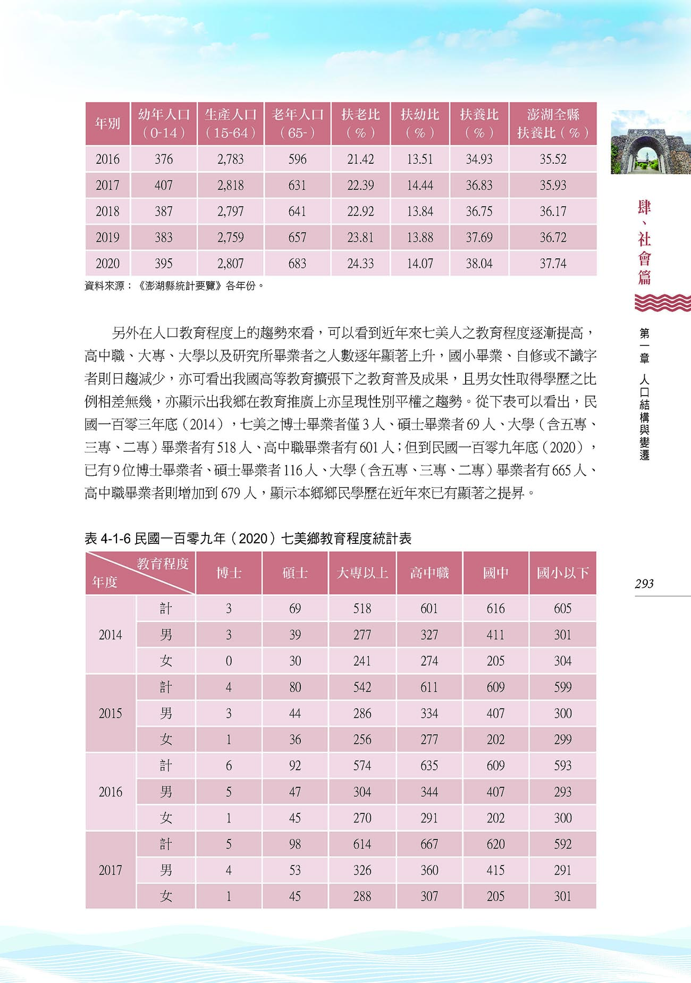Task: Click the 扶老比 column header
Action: pos(360,123)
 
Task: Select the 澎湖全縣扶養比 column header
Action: pos(553,123)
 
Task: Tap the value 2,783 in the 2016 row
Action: pos(230,159)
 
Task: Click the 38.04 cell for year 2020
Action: pos(479,264)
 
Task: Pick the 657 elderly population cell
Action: pos(297,238)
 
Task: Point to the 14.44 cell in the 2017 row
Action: pos(420,185)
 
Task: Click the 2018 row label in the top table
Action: pos(107,212)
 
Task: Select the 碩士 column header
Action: pos(295,573)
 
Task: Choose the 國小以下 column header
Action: pos(562,573)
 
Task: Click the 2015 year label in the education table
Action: pos(111,713)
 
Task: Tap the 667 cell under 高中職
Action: pos(429,844)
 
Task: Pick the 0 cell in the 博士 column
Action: pos(229,661)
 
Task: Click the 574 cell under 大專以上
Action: pos(362,766)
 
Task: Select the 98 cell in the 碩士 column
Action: pos(295,844)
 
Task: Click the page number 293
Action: pos(644,584)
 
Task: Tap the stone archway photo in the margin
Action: pos(651,142)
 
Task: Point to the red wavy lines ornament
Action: pos(662,303)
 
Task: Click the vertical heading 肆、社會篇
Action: pos(644,242)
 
